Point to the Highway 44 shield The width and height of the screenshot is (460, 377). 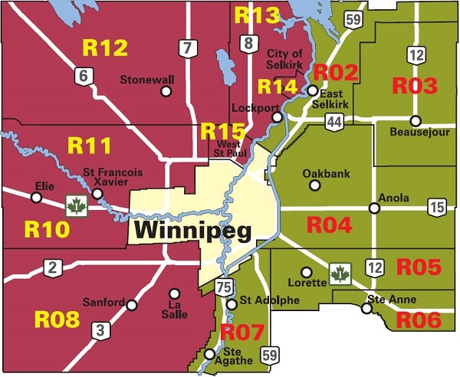coord(333,121)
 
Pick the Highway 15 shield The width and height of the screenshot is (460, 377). coord(437,207)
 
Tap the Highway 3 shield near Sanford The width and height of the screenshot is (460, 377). coord(100,330)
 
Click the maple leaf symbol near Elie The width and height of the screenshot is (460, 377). coord(76,205)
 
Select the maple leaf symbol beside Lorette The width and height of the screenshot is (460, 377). coord(339,273)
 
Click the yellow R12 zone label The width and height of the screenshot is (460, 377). coord(104,48)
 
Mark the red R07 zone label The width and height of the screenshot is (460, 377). coord(242,333)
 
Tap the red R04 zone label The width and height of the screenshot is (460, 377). coord(329,225)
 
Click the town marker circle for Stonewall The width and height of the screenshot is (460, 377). coord(166,92)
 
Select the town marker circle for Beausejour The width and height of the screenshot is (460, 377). coord(416,120)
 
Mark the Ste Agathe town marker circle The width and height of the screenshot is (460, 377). coord(209,353)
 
